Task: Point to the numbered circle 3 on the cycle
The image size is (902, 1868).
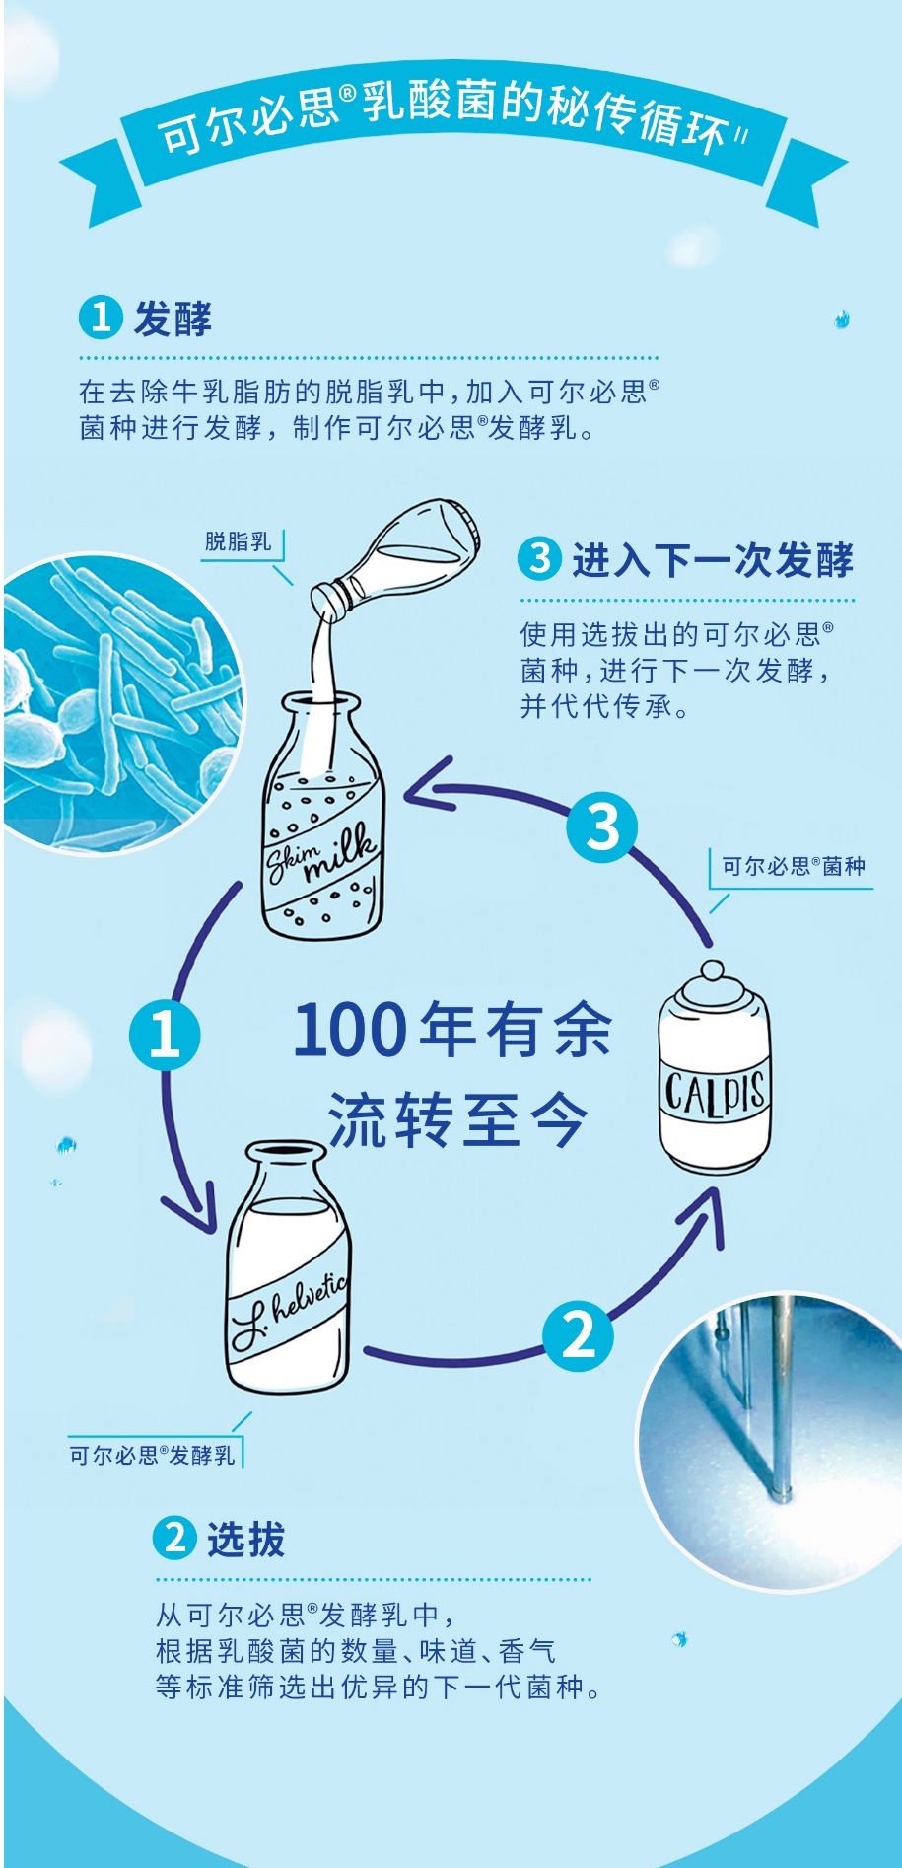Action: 602,827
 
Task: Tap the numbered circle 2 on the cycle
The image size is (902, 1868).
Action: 578,1336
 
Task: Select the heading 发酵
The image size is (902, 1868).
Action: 173,319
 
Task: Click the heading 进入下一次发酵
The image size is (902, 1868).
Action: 712,560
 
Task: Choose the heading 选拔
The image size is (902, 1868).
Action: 245,1539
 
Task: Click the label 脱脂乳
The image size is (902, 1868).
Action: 238,541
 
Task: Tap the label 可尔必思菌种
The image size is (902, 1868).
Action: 793,867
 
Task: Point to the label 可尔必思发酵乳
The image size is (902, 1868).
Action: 152,1455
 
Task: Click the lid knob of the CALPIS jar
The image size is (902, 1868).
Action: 713,972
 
